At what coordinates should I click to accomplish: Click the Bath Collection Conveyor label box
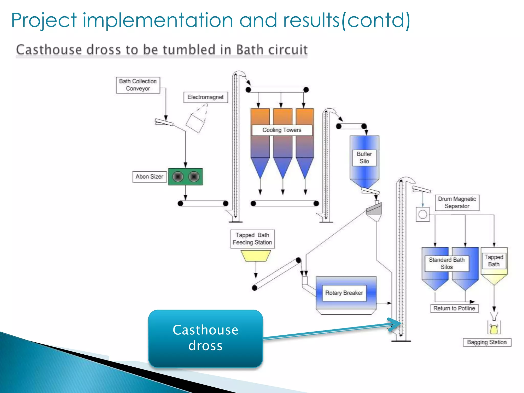coord(138,85)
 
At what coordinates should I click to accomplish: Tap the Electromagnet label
coord(205,97)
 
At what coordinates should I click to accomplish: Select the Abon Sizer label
coord(149,177)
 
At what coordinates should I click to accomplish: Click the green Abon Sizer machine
coord(185,177)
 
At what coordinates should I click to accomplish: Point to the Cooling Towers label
coord(282,130)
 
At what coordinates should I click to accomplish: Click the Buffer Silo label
coord(364,158)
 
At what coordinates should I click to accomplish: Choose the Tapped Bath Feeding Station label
coord(252,239)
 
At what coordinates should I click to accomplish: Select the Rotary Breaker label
coord(344,293)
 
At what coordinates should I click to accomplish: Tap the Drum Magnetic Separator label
coord(457,202)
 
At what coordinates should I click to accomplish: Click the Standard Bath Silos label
coord(447,263)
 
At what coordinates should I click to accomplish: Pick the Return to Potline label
coord(454,308)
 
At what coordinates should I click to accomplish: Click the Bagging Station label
coord(487,342)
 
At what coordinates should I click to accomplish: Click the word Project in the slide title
coord(44,20)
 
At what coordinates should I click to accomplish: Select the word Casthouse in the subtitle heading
coord(49,50)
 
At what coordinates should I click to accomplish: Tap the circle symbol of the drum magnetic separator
coord(423,214)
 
